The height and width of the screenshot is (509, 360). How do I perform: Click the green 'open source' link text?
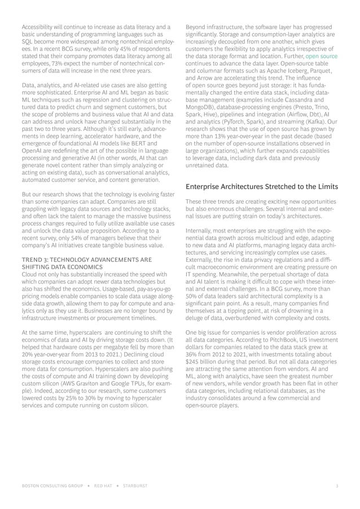(322, 57)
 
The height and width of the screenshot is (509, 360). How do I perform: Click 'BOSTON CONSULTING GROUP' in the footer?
(50, 485)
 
